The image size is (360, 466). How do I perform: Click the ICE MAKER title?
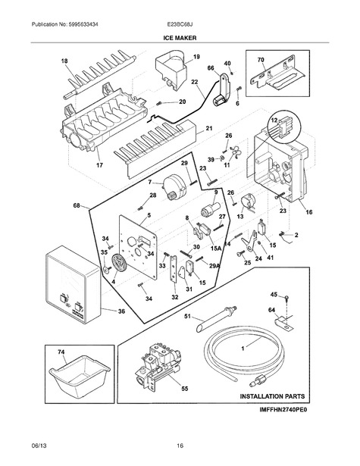[180, 38]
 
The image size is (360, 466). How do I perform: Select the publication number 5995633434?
[79, 24]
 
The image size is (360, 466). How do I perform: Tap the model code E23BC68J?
[180, 24]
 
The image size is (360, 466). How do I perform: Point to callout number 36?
[121, 311]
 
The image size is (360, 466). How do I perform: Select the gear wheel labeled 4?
[119, 264]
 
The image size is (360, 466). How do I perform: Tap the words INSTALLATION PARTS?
[272, 396]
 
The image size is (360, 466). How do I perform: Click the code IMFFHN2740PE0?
[283, 409]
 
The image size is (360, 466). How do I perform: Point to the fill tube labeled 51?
[215, 319]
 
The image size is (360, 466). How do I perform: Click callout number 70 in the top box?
[261, 60]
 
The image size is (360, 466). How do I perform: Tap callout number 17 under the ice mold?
[99, 165]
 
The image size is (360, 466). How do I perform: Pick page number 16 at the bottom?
[180, 446]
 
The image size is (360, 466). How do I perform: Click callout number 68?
[77, 205]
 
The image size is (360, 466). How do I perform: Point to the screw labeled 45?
[286, 298]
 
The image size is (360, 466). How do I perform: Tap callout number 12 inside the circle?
[274, 120]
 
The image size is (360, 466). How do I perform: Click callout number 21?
[209, 128]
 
